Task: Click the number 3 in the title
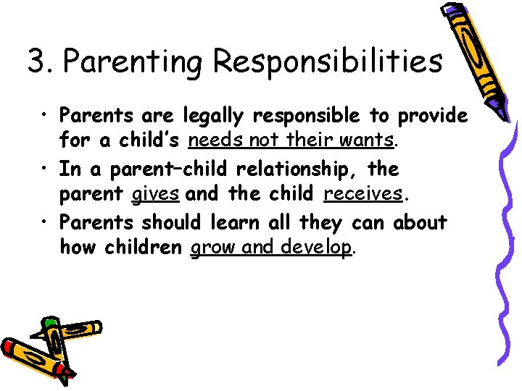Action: click(37, 62)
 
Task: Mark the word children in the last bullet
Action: click(143, 248)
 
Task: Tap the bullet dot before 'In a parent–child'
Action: click(45, 169)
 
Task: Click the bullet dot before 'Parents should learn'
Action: click(45, 222)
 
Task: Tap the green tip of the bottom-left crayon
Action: click(49, 321)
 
